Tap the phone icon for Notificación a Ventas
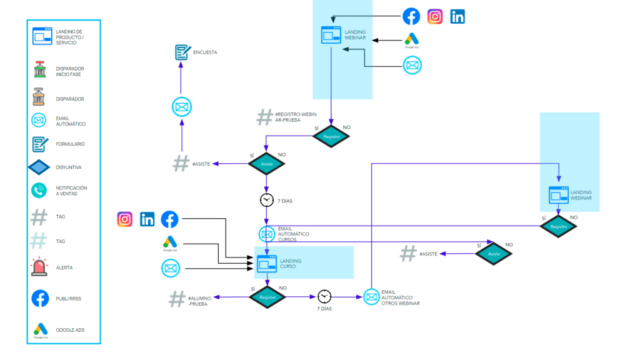tap(39, 191)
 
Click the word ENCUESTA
tap(206, 52)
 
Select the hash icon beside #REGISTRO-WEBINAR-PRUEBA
tap(265, 117)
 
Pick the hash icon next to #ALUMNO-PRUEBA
tap(177, 299)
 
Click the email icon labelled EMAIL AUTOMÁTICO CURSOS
tap(267, 234)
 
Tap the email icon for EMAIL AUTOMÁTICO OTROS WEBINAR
tap(371, 297)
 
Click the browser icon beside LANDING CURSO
tap(267, 264)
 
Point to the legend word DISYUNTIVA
tap(69, 167)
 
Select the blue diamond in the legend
tap(39, 167)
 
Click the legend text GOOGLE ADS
tap(70, 329)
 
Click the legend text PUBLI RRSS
tap(69, 299)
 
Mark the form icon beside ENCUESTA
tap(182, 52)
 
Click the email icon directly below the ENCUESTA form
tap(181, 107)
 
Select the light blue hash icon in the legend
tap(39, 241)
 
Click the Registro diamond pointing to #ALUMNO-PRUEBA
tap(267, 297)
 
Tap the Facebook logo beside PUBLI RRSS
tap(40, 298)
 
